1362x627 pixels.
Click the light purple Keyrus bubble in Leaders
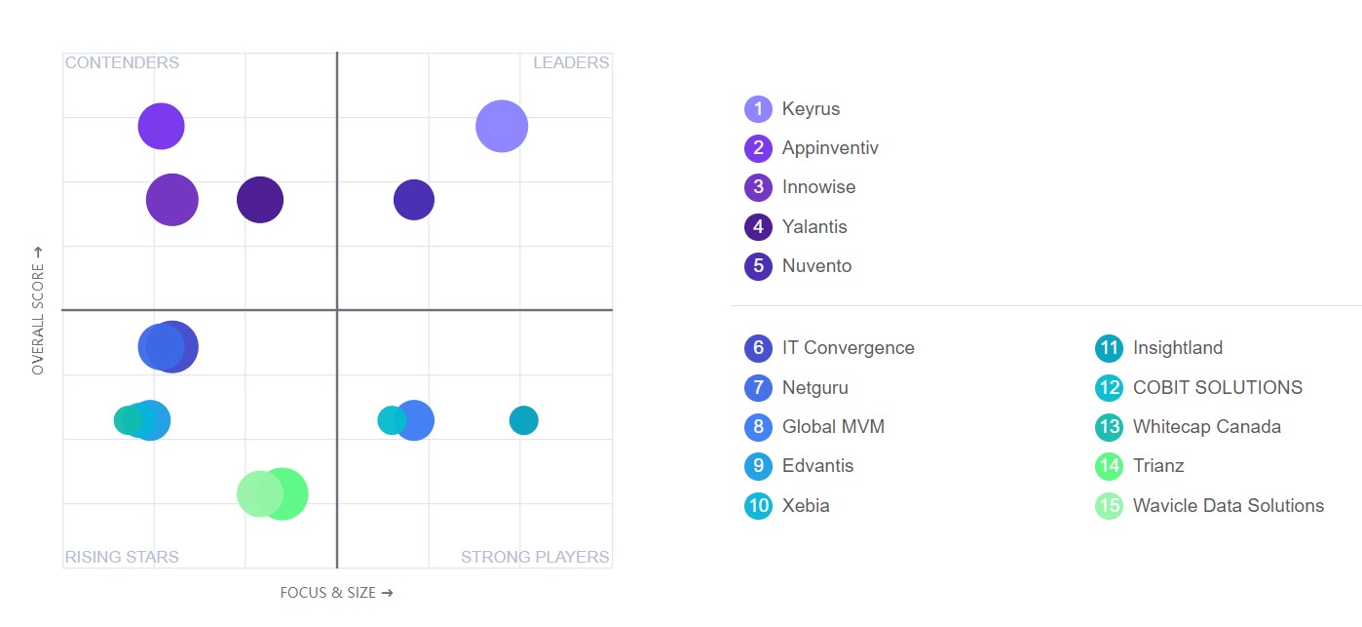[502, 126]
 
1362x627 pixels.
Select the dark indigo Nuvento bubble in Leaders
[414, 200]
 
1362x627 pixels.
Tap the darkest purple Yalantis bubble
[260, 201]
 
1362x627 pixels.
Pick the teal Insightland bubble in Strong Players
[523, 420]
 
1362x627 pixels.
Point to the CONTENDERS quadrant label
[122, 62]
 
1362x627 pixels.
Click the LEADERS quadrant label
[571, 62]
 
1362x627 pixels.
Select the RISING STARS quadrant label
[122, 558]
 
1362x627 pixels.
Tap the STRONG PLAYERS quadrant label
[535, 558]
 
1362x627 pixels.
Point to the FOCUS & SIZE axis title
[336, 592]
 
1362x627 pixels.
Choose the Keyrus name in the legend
[811, 109]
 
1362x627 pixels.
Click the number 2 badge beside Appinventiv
[758, 148]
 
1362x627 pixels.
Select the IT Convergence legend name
[848, 348]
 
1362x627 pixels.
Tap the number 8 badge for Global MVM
[758, 427]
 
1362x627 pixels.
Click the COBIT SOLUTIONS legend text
[1217, 387]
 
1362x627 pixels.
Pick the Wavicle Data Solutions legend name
[1228, 505]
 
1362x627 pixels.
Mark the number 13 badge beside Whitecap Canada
[1109, 427]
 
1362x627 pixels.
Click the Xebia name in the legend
[806, 505]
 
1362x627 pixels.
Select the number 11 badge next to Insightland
[1109, 348]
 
